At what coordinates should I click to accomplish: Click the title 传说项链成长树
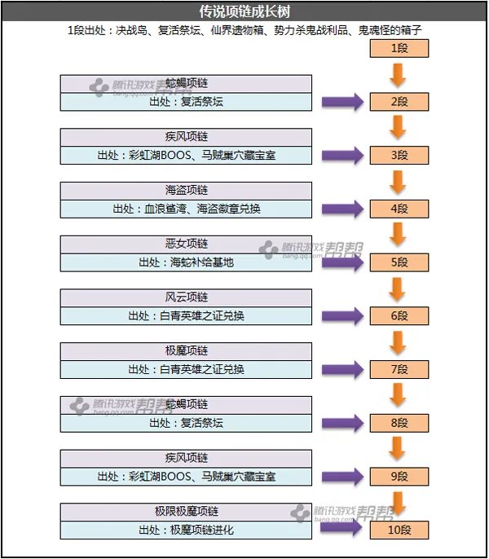pos(244,11)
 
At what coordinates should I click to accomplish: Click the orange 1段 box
pos(399,48)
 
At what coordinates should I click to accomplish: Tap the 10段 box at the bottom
pos(399,530)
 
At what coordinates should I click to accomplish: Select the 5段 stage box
pos(399,262)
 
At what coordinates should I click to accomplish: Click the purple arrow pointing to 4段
pos(342,209)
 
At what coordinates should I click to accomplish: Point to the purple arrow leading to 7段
pos(342,369)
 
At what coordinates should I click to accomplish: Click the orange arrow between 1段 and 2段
pos(399,75)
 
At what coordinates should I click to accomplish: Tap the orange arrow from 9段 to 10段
pos(399,503)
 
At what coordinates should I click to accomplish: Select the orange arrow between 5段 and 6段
pos(399,288)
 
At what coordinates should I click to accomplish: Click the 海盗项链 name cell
pos(187,191)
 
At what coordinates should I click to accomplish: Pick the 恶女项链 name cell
pos(187,244)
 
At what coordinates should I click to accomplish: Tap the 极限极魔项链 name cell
pos(187,512)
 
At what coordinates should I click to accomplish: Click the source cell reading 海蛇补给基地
pos(187,262)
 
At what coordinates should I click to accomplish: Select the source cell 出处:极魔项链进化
pos(187,530)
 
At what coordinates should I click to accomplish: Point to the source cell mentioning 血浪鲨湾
pos(187,209)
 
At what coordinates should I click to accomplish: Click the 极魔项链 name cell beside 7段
pos(187,351)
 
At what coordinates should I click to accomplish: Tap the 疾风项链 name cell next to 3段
pos(187,137)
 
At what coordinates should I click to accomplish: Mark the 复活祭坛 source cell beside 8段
pos(187,423)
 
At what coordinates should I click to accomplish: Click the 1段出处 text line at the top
pos(244,31)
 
